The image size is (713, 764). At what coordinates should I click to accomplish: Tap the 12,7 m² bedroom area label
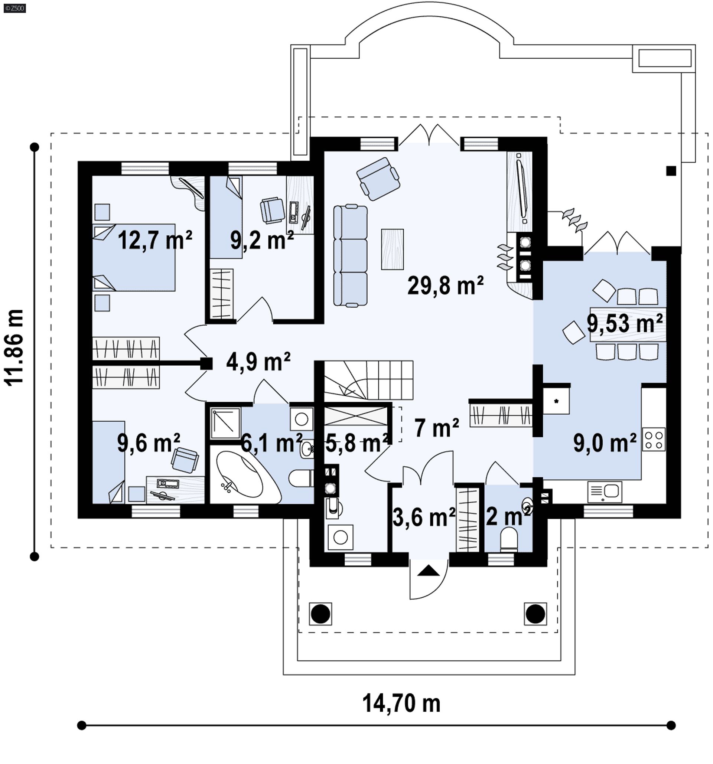(x=154, y=240)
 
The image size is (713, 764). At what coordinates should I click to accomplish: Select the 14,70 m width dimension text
(x=401, y=703)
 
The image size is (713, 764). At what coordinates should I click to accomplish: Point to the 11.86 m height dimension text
(x=14, y=347)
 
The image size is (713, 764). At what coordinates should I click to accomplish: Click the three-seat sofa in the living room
(x=350, y=255)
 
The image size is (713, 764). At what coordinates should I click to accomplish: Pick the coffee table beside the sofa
(x=393, y=249)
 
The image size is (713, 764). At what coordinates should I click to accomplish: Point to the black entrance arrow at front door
(x=428, y=571)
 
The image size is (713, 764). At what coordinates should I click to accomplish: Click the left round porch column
(x=320, y=614)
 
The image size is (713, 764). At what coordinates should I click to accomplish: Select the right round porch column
(x=535, y=614)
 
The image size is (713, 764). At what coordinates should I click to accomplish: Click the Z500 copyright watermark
(x=14, y=8)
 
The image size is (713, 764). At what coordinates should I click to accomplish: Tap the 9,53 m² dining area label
(x=625, y=323)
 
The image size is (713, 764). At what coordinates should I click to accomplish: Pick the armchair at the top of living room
(x=378, y=179)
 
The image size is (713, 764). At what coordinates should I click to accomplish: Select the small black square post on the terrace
(x=671, y=171)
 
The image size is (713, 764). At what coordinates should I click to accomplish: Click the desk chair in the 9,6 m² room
(x=185, y=460)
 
